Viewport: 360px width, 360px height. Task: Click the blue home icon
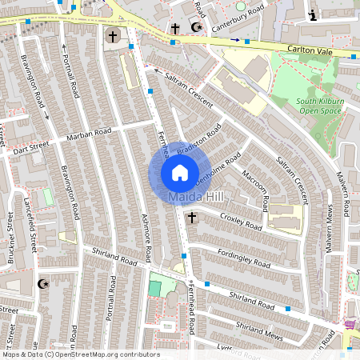click(180, 172)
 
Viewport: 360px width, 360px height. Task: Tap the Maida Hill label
click(197, 196)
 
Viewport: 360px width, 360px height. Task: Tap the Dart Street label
click(30, 146)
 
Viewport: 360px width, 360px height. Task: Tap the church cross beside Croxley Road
click(191, 218)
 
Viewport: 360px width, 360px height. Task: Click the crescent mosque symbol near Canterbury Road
click(197, 27)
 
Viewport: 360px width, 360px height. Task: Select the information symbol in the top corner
click(312, 14)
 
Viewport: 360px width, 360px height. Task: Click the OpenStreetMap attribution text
click(80, 354)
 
